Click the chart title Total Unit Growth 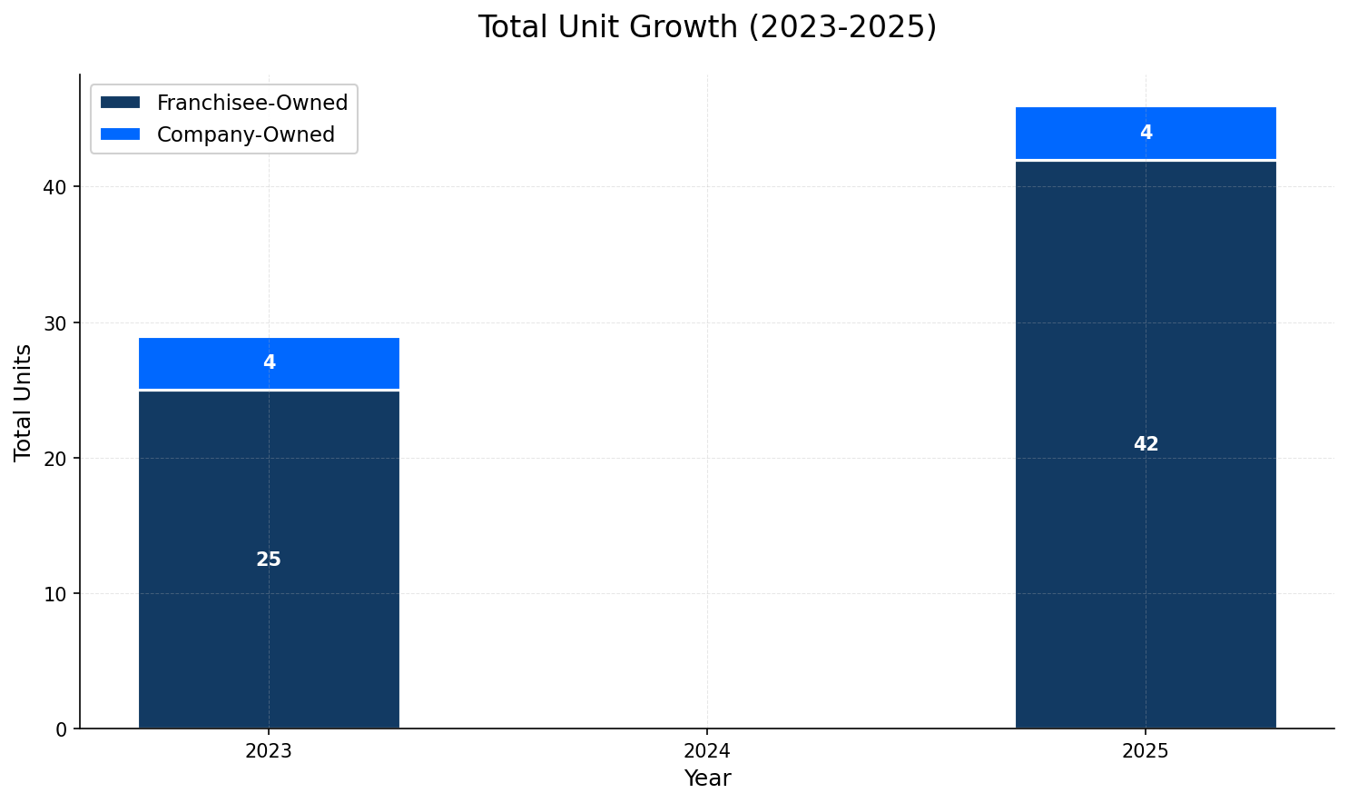click(x=706, y=27)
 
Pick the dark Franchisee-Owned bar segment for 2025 click(x=1146, y=545)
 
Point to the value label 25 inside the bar click(x=269, y=560)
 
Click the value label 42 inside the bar click(x=1146, y=444)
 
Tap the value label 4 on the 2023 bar click(x=269, y=362)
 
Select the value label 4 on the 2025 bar click(x=1146, y=133)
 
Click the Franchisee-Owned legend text click(x=251, y=103)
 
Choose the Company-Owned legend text click(x=245, y=134)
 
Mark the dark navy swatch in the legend click(x=121, y=103)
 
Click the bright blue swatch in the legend click(x=121, y=134)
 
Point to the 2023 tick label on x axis click(x=269, y=751)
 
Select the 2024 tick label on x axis click(x=707, y=751)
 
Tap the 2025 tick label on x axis click(x=1146, y=751)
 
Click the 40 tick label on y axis click(x=55, y=187)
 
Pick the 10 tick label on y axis click(x=55, y=594)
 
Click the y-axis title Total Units click(x=24, y=401)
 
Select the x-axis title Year click(x=707, y=778)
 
